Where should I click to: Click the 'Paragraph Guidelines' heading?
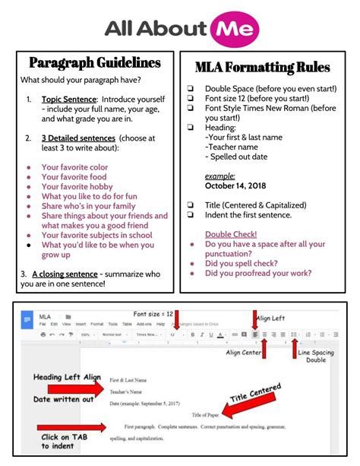[x=95, y=62]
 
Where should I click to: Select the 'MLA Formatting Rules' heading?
[x=262, y=67]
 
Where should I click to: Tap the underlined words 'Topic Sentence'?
[x=69, y=100]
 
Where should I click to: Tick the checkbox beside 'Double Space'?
[x=191, y=89]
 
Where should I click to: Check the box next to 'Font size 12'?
[x=191, y=99]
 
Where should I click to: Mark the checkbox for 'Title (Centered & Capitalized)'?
[x=191, y=205]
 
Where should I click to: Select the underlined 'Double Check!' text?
[x=231, y=234]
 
